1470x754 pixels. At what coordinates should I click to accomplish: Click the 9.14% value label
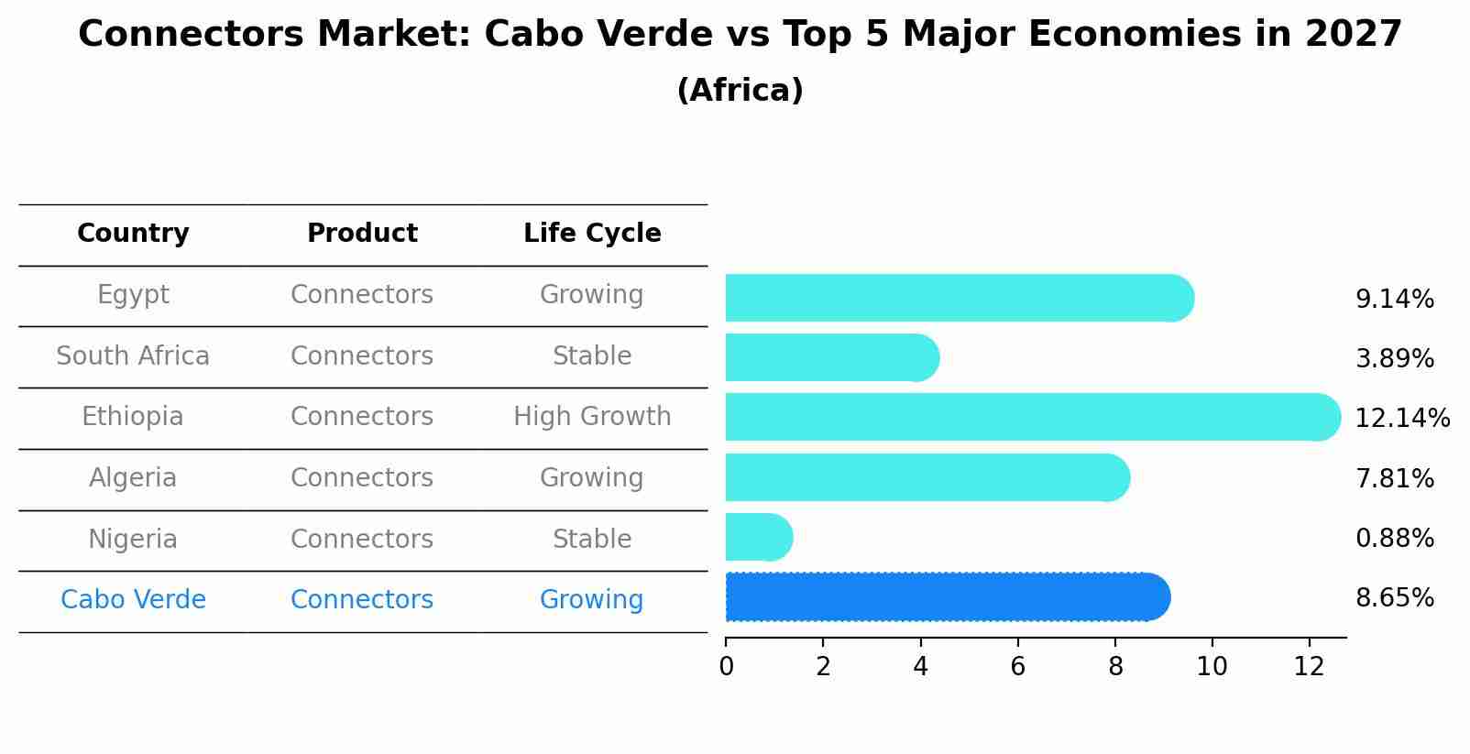click(1394, 300)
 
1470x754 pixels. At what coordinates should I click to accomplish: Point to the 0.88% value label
click(1394, 539)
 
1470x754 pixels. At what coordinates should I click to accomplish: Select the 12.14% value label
click(1401, 419)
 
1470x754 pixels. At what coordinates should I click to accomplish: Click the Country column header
click(133, 234)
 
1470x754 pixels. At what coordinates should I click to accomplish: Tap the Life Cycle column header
click(592, 234)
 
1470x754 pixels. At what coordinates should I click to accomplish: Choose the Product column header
click(362, 234)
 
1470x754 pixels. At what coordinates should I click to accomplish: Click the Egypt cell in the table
click(133, 295)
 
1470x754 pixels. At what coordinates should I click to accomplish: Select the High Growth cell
click(592, 417)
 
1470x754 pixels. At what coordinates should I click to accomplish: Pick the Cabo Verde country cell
click(133, 600)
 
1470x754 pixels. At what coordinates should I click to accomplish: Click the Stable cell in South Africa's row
click(592, 356)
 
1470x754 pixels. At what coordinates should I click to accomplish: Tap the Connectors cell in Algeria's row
click(362, 478)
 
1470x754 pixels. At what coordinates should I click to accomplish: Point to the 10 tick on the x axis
click(1212, 667)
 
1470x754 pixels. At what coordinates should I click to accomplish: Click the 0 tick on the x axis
click(726, 667)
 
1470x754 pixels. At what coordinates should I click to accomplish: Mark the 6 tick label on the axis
click(1017, 667)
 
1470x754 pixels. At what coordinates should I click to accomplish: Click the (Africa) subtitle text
click(740, 91)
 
